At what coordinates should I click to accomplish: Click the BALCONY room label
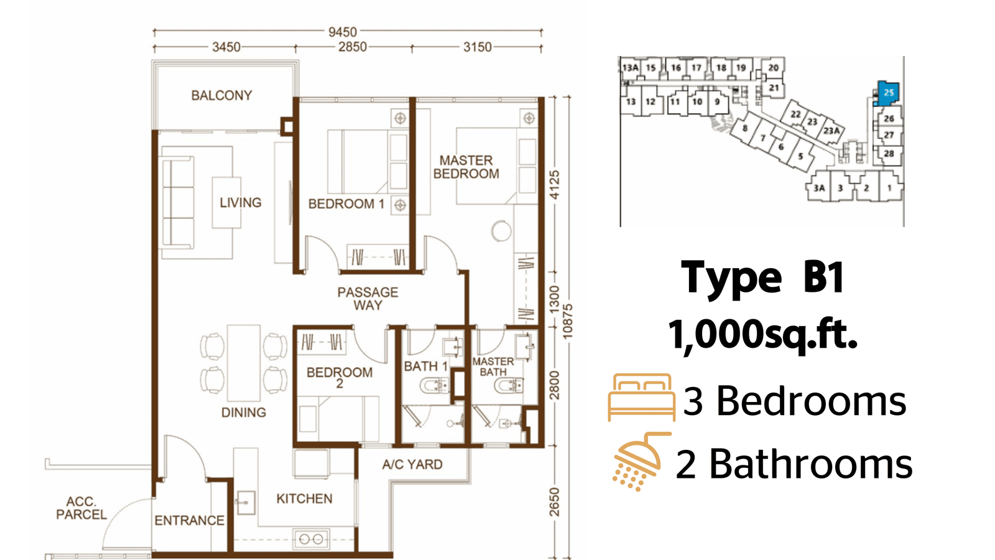click(x=221, y=96)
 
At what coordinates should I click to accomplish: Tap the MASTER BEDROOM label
click(x=466, y=167)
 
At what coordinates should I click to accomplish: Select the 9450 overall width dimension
click(x=343, y=32)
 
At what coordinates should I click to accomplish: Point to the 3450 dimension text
click(x=226, y=47)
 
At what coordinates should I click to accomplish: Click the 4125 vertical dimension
click(x=554, y=184)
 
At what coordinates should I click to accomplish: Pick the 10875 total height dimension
click(x=567, y=321)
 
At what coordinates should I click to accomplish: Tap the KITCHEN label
click(x=304, y=498)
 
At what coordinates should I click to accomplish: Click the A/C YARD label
click(x=412, y=464)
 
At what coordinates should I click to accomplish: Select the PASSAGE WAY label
click(x=368, y=298)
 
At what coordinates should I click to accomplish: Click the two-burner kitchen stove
click(x=311, y=539)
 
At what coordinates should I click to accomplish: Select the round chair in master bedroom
click(x=501, y=231)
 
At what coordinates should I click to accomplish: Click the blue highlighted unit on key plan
click(x=888, y=93)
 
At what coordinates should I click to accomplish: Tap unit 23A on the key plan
click(x=831, y=131)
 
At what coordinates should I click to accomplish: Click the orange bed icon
click(x=641, y=398)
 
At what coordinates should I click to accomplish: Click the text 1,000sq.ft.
click(x=762, y=335)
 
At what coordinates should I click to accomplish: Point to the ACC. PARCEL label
click(x=81, y=508)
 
